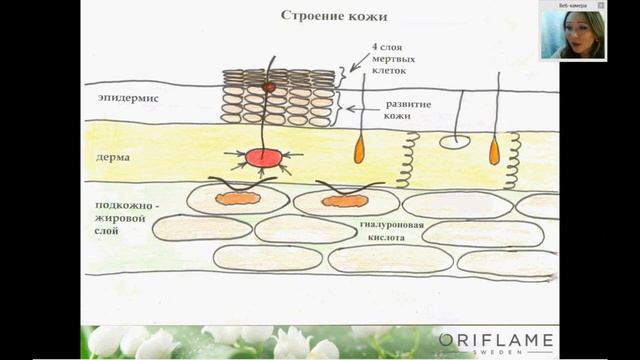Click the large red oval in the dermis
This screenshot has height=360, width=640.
[x=263, y=157]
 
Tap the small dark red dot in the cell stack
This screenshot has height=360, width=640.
[x=268, y=88]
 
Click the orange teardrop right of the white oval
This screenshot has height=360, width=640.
[x=494, y=150]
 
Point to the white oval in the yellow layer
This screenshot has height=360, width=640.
[x=454, y=142]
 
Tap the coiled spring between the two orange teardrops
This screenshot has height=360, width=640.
[x=406, y=160]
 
